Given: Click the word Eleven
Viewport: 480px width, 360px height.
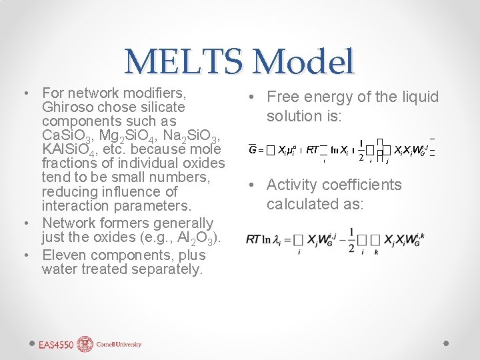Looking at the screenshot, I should tap(63, 255).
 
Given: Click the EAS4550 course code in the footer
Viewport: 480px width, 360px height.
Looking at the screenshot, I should tap(56, 345).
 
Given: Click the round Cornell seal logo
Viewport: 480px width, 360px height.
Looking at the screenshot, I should tap(85, 344).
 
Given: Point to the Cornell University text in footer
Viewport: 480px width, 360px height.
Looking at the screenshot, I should tap(119, 345).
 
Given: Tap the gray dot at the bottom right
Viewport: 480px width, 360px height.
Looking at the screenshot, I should tap(447, 342).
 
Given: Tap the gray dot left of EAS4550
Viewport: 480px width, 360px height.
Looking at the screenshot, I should tap(32, 342).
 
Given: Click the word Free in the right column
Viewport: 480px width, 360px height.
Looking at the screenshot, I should tap(281, 97).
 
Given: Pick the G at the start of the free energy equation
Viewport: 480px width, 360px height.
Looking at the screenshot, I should tap(253, 150).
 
